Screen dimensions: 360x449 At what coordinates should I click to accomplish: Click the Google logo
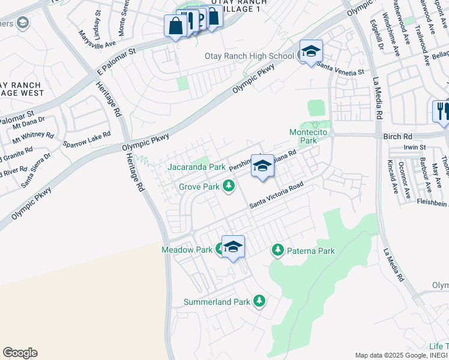point(20,353)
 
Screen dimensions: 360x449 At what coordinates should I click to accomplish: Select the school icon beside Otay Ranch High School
point(311,52)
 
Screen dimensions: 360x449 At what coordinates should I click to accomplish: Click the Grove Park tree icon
point(228,187)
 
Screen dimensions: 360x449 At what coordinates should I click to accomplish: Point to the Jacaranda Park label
point(196,166)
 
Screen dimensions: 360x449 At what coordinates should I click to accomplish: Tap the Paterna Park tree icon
point(277,249)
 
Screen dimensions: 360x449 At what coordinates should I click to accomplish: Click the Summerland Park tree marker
point(259,301)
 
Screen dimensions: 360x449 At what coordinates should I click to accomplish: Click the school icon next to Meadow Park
point(233,246)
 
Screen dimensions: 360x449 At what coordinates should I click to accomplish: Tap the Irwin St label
point(414,147)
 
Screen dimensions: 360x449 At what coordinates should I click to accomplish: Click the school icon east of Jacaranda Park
point(262,166)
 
